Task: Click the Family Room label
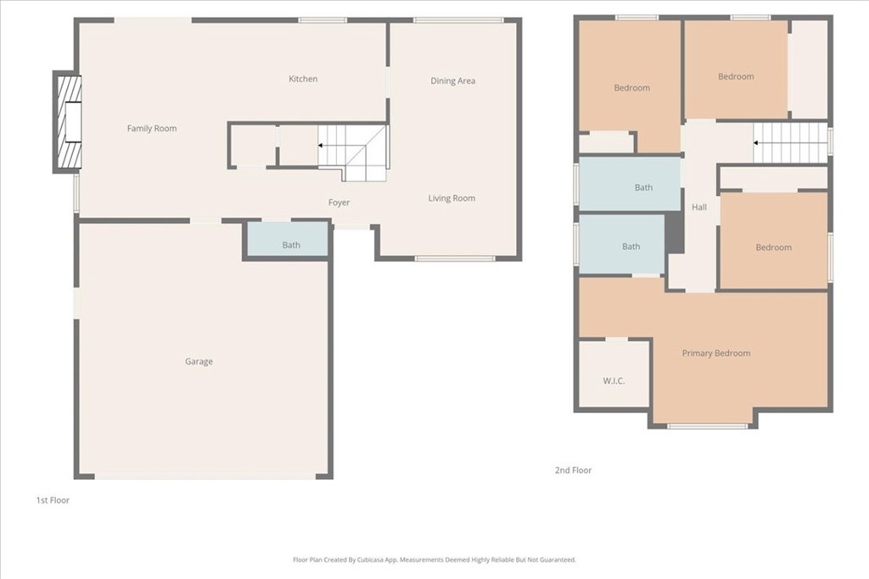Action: (152, 128)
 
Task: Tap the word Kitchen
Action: (303, 79)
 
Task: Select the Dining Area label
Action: (453, 81)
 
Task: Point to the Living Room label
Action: (451, 198)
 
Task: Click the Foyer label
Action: (339, 203)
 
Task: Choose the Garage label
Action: (199, 361)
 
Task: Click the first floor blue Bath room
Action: (287, 239)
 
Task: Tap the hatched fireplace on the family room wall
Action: (68, 122)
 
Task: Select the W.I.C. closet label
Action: (614, 381)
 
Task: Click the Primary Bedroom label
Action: (716, 354)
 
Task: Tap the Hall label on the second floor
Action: (699, 207)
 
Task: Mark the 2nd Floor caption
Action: (573, 470)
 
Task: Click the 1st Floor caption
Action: (53, 500)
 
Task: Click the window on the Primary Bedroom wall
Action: (707, 426)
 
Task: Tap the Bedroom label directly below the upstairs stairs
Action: (774, 248)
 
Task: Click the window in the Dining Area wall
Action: (457, 20)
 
